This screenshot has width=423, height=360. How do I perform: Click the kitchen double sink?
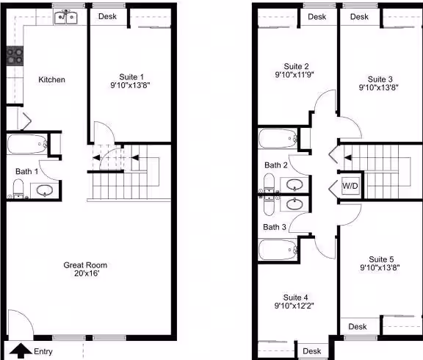coord(66,18)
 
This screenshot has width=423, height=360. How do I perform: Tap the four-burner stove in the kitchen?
coord(15,56)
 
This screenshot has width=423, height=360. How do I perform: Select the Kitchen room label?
coord(52,79)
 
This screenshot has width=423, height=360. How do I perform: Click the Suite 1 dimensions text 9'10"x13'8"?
coord(130,85)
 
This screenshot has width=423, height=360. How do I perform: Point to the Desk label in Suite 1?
coord(107,16)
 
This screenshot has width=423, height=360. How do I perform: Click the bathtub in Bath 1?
coord(26,145)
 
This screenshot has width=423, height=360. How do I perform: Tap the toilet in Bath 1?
coord(18,189)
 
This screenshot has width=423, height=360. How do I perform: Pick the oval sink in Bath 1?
coord(44,190)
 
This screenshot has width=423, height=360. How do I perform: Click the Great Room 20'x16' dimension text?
coord(87,273)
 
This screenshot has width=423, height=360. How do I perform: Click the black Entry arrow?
coord(21,350)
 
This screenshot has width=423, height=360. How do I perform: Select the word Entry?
coord(43,351)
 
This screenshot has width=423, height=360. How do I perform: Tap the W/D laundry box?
coord(350,186)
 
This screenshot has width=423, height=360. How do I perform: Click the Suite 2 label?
coord(296,66)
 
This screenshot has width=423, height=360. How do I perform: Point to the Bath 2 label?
coord(275,165)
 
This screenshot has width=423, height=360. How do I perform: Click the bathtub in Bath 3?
coord(278,250)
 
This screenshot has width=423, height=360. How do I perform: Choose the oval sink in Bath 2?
coord(294,185)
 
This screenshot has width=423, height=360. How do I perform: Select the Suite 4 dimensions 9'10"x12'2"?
coord(294,306)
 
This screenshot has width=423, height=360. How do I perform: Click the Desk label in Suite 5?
coord(358,327)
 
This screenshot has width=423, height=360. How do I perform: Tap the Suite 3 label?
coord(380,79)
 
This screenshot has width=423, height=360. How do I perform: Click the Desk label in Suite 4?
coord(312,351)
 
